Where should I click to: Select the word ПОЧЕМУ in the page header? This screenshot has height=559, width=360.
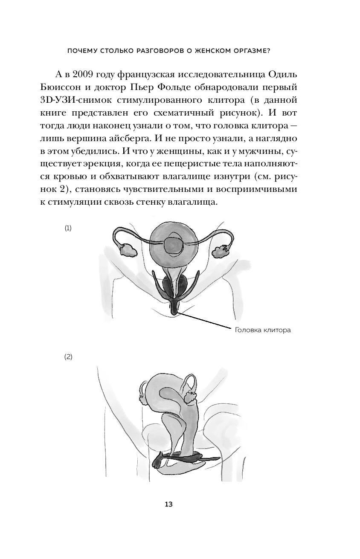[82, 51]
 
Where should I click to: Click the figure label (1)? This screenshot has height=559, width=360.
[68, 228]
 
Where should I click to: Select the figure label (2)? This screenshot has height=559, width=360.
[68, 357]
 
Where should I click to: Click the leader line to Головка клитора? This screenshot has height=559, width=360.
[205, 321]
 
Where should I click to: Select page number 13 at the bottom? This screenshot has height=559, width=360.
[168, 504]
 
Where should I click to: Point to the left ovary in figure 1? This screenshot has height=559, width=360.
[127, 249]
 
